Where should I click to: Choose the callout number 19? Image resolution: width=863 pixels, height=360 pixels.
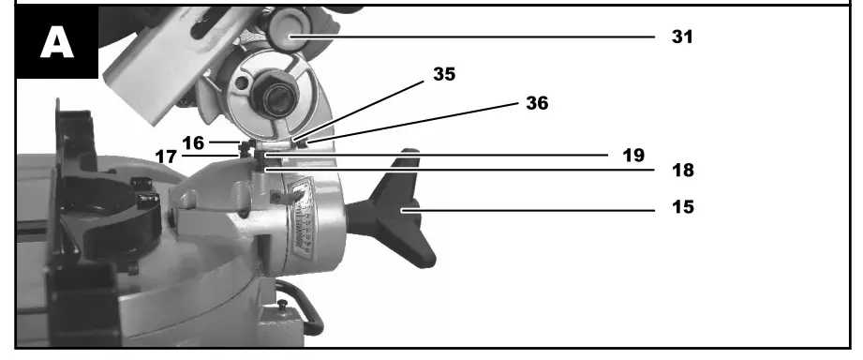[632, 154]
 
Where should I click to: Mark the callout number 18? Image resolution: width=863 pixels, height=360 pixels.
[682, 172]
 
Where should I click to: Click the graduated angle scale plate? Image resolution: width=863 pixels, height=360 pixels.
[303, 217]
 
